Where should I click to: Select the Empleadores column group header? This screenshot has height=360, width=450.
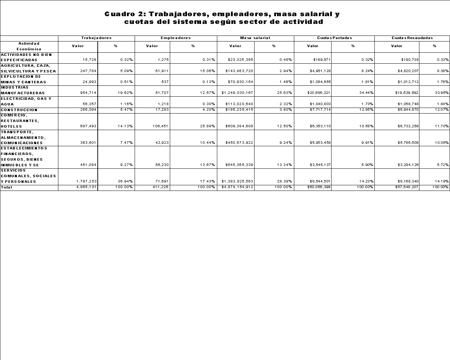(175, 38)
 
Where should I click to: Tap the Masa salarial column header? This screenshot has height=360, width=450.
(255, 38)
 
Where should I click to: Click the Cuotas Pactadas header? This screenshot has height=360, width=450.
(334, 38)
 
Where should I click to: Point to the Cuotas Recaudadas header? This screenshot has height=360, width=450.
(412, 38)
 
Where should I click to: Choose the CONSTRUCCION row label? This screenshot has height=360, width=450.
(19, 110)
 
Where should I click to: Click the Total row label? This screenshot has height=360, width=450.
(6, 187)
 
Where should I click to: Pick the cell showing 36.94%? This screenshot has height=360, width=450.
(125, 181)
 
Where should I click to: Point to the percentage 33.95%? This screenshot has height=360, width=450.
(442, 93)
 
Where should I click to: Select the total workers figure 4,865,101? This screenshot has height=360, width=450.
(86, 187)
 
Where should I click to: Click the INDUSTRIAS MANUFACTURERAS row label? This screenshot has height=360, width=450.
(23, 90)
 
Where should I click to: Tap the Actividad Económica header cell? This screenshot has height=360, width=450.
(29, 46)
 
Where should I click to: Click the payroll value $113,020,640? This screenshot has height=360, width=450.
(239, 104)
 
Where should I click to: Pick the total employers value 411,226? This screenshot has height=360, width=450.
(160, 187)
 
